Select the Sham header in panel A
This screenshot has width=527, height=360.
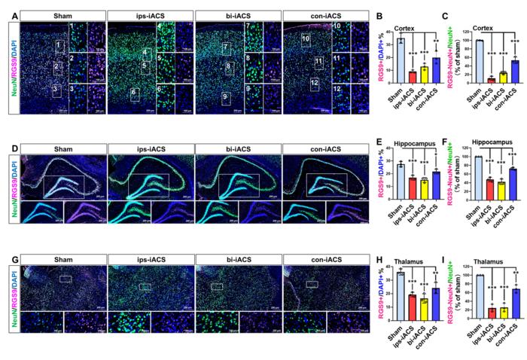click(x=62, y=15)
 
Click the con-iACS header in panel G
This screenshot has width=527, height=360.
click(x=325, y=258)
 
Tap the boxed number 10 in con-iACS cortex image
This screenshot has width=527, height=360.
click(x=306, y=38)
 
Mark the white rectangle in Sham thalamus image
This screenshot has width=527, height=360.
click(x=65, y=279)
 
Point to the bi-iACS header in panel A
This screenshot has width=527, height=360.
click(x=237, y=15)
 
